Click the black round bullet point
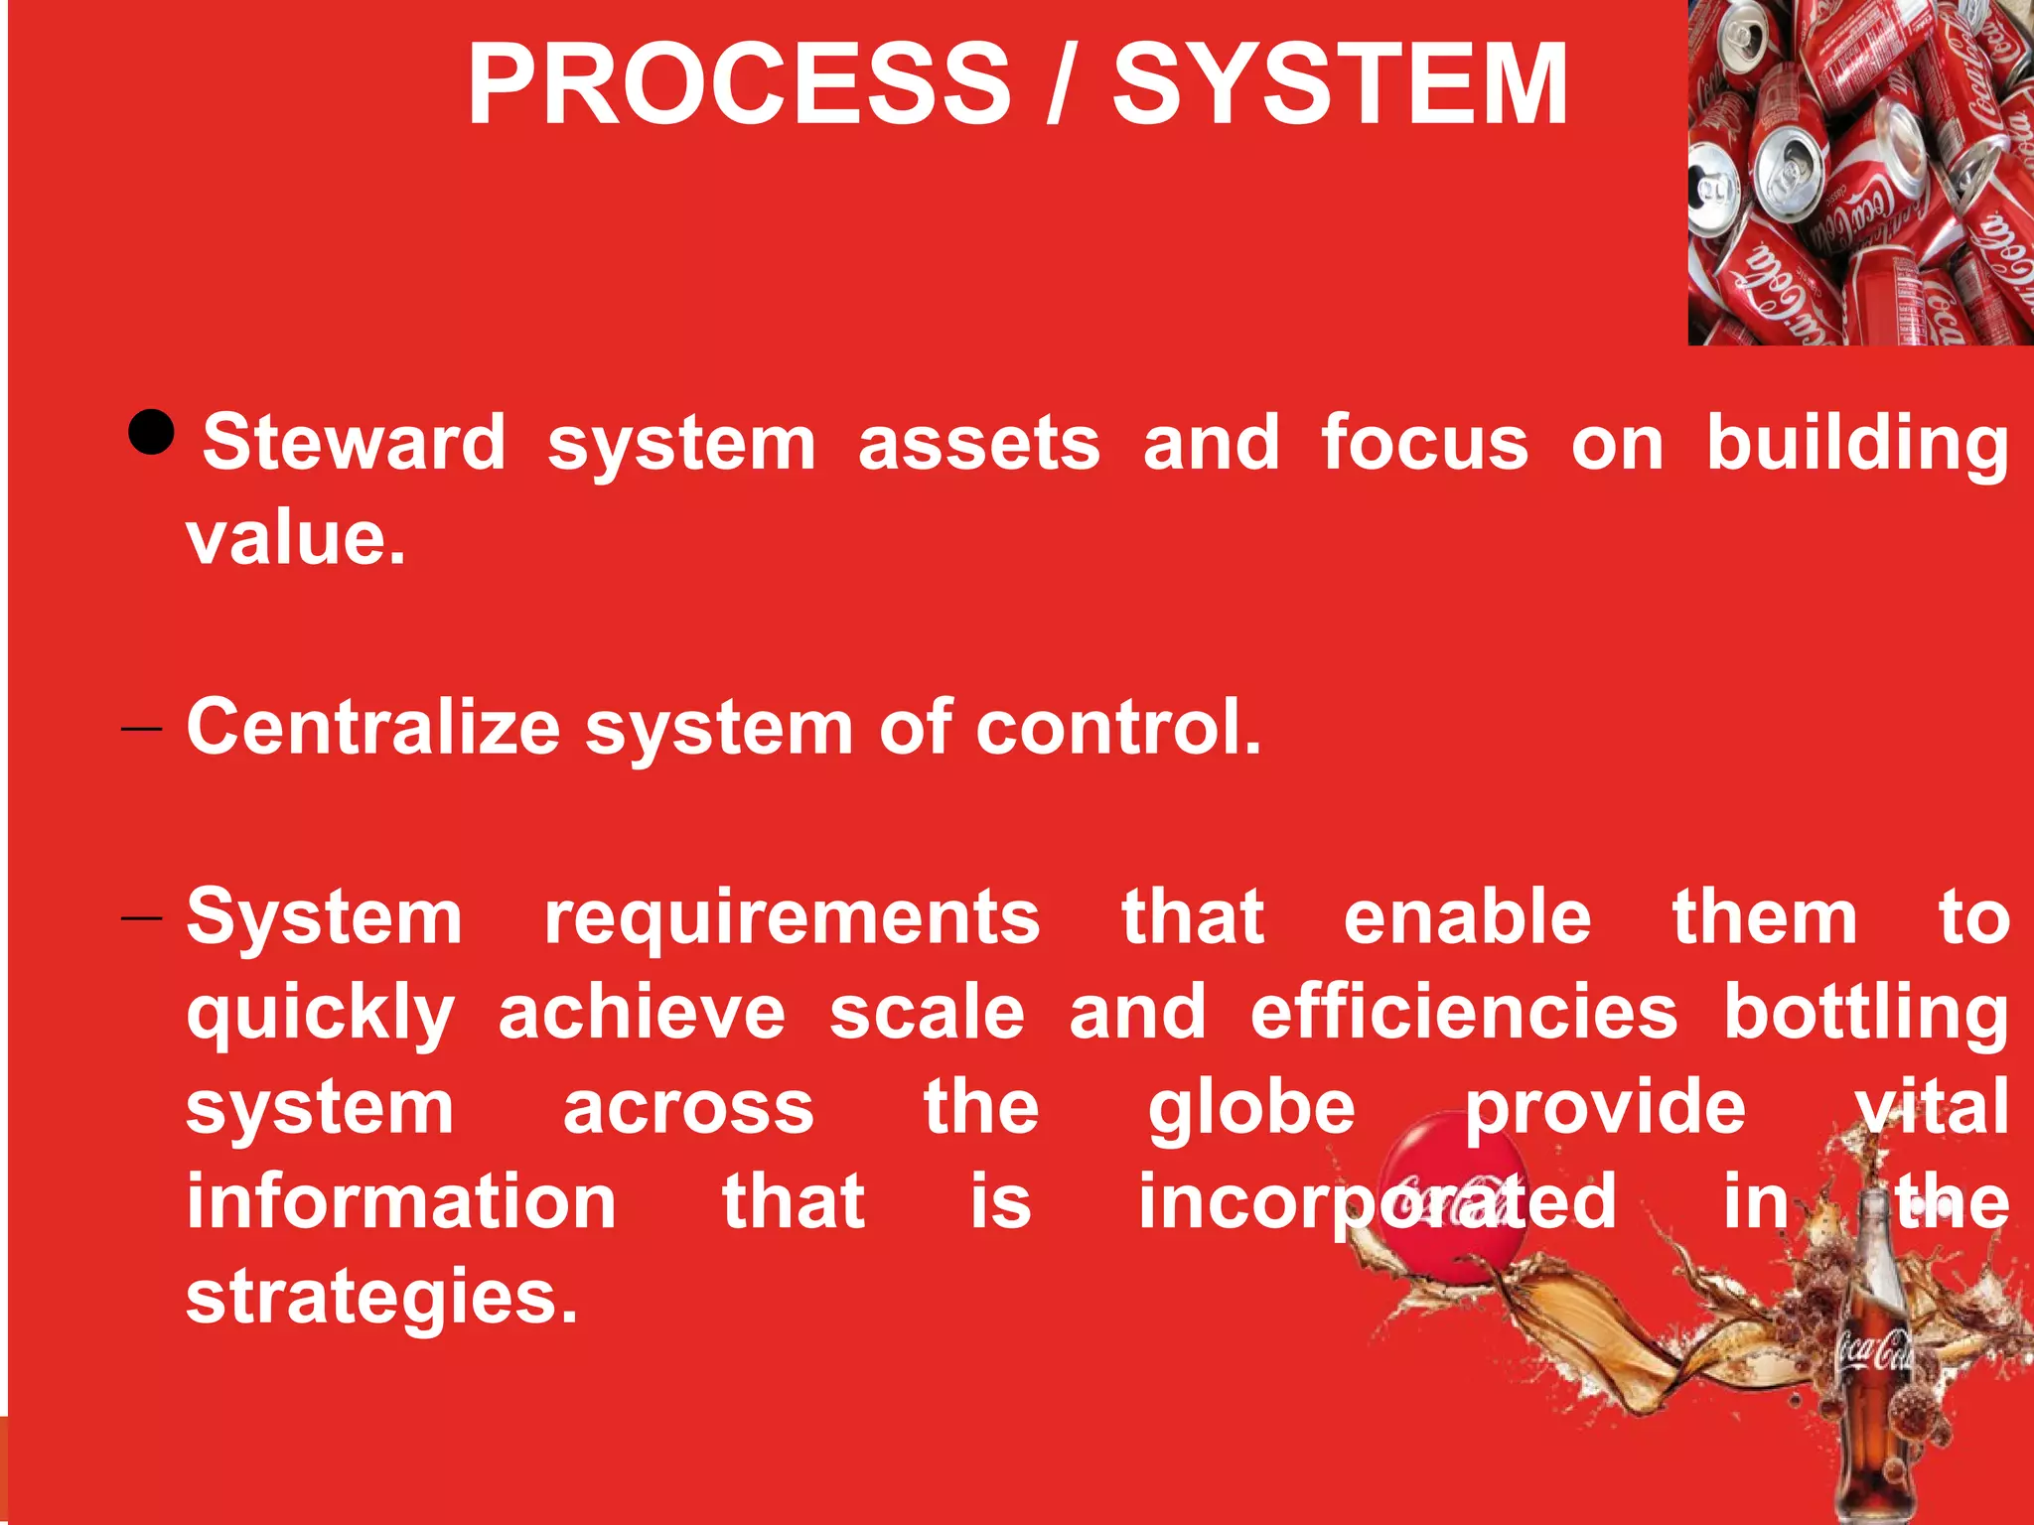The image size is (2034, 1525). click(152, 432)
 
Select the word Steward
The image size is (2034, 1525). click(355, 443)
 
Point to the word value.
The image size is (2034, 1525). click(295, 539)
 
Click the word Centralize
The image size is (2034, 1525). click(373, 728)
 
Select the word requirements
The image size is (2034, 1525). click(792, 919)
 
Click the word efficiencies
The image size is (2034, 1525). click(1464, 1013)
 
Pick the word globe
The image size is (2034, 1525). click(1251, 1110)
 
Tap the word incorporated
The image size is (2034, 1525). click(1377, 1202)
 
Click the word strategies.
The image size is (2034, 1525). click(381, 1299)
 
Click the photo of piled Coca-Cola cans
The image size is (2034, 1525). click(1860, 173)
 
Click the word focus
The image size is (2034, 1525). click(1424, 443)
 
